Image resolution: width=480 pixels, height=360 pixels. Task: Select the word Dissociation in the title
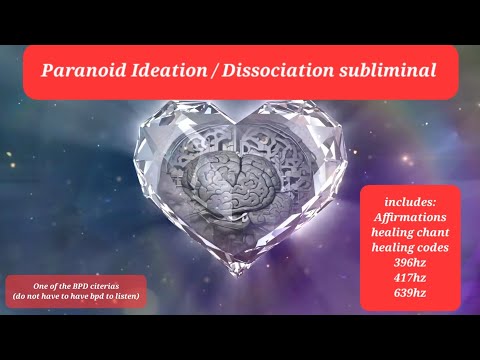pyautogui.click(x=279, y=72)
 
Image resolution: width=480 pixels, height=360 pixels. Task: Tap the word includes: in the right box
pyautogui.click(x=410, y=201)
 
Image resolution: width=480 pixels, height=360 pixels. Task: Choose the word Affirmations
pyautogui.click(x=410, y=217)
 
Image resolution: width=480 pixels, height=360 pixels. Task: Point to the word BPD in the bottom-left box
pyautogui.click(x=81, y=286)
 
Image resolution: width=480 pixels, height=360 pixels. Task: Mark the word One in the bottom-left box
pyautogui.click(x=41, y=286)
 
